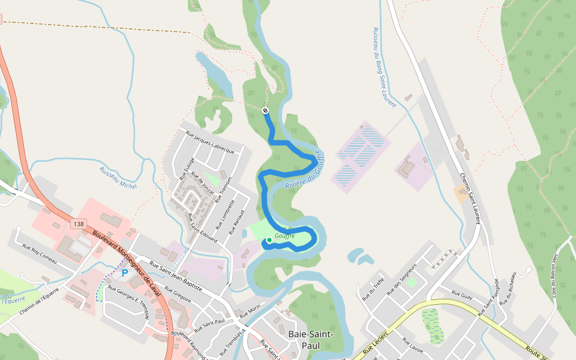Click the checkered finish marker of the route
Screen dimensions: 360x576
point(265,110)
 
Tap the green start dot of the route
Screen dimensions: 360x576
point(269,240)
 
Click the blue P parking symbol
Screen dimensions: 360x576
point(125,273)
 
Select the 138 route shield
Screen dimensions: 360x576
point(77,224)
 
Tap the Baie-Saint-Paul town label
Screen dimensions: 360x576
point(311,340)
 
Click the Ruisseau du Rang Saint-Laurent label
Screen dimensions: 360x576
point(384,67)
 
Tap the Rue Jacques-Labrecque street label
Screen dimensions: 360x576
point(209,142)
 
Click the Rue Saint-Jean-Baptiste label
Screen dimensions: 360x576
point(175,275)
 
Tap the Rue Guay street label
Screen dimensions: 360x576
point(462,295)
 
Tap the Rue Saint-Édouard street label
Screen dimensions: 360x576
point(202,225)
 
